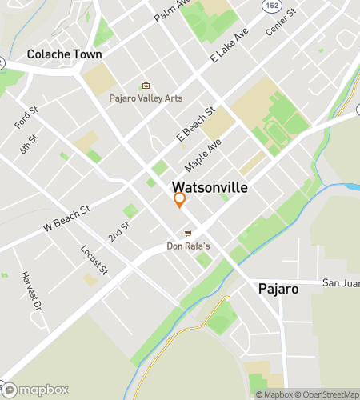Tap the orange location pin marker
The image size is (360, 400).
(179, 199)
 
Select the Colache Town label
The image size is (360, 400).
(64, 54)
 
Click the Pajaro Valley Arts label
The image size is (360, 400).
(146, 98)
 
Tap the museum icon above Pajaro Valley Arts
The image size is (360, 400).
(146, 86)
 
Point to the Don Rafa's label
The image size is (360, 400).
(188, 246)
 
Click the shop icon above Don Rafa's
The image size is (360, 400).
(188, 234)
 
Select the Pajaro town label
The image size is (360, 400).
(278, 287)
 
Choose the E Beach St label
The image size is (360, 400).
(196, 125)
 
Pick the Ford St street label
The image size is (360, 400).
(26, 118)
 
